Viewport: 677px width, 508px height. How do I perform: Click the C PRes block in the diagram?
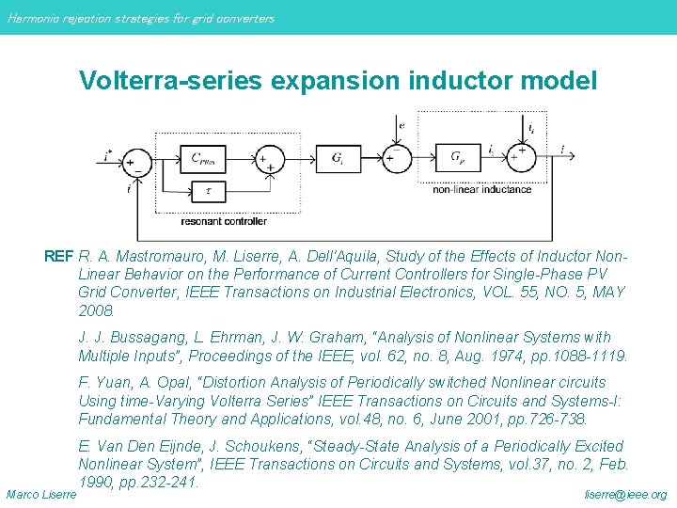pos(205,159)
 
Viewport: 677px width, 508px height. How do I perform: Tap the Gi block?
pos(337,159)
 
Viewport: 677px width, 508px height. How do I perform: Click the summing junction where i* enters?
pos(137,161)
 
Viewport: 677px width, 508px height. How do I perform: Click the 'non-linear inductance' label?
pos(481,189)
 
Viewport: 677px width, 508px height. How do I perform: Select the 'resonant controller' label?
pos(224,221)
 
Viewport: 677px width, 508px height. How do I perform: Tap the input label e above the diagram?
pos(401,124)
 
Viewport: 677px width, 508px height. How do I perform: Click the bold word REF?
pos(59,256)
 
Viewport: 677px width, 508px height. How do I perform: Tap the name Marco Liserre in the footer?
pos(40,494)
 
